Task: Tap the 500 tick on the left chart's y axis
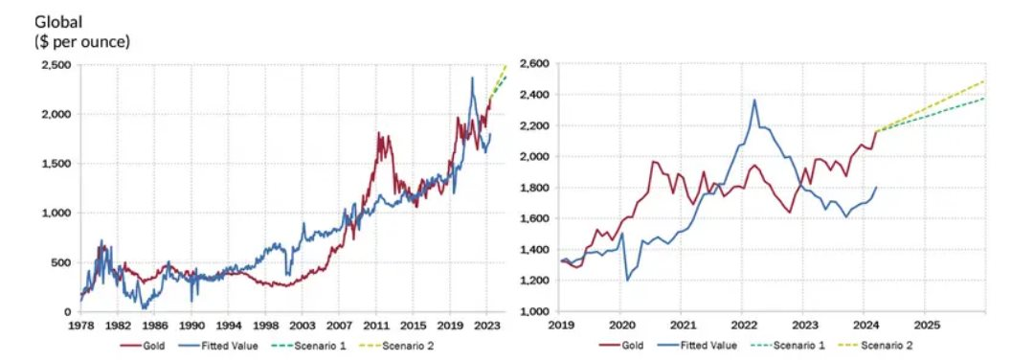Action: [x=61, y=262]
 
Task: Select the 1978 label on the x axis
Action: [x=80, y=326]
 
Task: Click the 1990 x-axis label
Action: [x=191, y=326]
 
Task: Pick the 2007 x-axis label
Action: [x=339, y=326]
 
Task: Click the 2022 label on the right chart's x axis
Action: [x=744, y=326]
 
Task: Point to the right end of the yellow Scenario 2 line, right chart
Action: [x=984, y=81]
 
